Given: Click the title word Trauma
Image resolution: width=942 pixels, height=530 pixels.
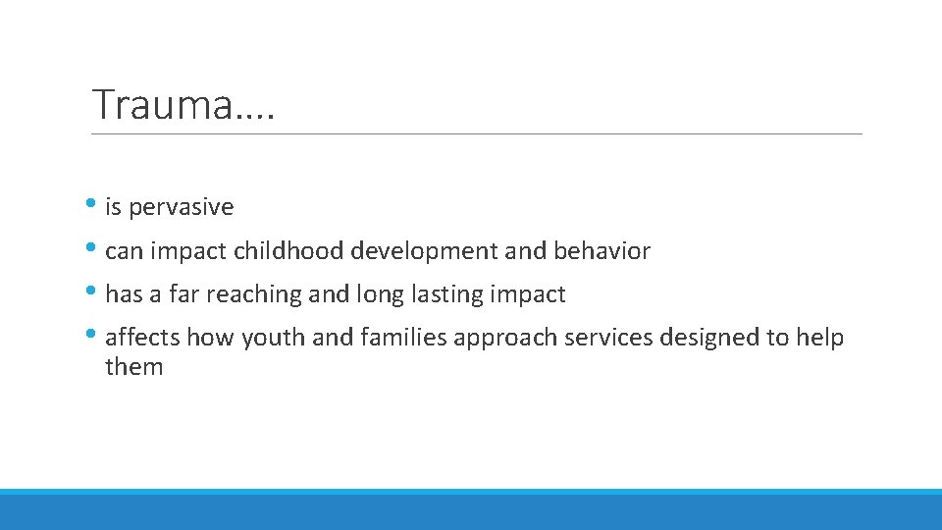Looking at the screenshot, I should pyautogui.click(x=163, y=104).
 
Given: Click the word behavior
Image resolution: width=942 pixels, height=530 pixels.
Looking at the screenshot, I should pyautogui.click(x=602, y=251).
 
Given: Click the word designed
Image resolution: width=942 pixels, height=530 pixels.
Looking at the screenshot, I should pyautogui.click(x=710, y=339).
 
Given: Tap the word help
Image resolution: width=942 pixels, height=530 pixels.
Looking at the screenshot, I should pyautogui.click(x=819, y=338).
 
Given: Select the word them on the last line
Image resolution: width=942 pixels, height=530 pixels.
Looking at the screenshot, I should pyautogui.click(x=133, y=368).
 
